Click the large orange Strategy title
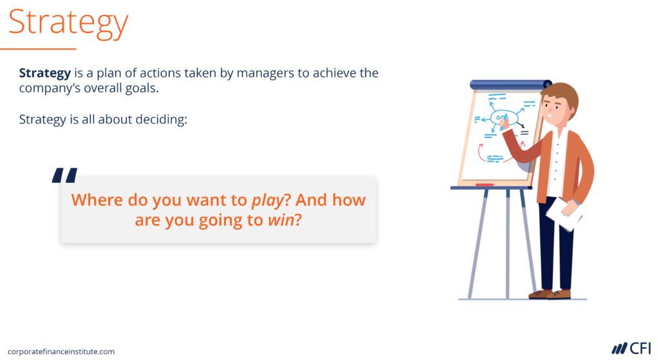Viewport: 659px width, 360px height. [x=68, y=23]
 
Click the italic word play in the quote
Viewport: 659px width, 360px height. [x=268, y=200]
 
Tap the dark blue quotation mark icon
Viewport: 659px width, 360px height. [x=64, y=176]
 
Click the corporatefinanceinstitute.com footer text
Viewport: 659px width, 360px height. [x=62, y=352]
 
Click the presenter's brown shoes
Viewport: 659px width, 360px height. [x=550, y=294]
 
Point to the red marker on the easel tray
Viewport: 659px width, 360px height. [x=484, y=185]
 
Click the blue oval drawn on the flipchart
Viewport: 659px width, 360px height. [x=503, y=118]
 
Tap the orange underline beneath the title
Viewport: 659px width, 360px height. [x=38, y=48]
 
